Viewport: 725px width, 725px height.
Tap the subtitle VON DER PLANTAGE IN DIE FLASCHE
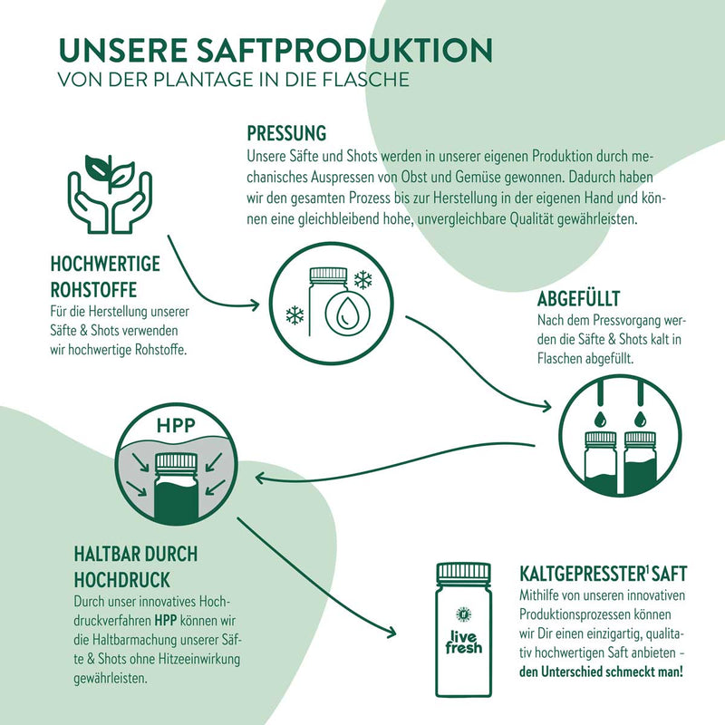tap(233, 79)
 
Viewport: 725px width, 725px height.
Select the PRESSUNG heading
tap(285, 133)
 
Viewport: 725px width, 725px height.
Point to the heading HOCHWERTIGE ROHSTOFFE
tap(106, 275)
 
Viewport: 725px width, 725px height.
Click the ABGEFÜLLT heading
tap(578, 299)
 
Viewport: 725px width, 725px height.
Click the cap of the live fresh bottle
tap(463, 572)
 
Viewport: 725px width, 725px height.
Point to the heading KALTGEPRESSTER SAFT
tap(604, 573)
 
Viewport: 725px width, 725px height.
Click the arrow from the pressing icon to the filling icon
tap(480, 362)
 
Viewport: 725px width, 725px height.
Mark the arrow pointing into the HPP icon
tap(263, 477)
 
